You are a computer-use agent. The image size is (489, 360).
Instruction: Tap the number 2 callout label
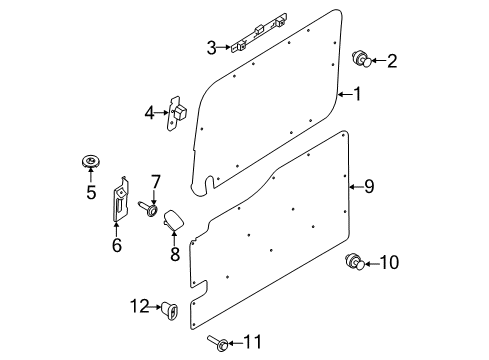(x=392, y=62)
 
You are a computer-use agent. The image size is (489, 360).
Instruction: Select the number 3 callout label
(x=212, y=47)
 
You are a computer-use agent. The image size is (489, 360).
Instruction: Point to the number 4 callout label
(x=149, y=113)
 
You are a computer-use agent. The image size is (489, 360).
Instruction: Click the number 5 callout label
(x=90, y=191)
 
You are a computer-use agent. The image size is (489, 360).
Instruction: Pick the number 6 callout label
(x=116, y=245)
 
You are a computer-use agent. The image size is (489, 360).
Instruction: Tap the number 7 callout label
(x=155, y=181)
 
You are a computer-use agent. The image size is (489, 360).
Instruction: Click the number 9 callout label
(x=368, y=185)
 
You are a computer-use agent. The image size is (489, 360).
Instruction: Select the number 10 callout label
(x=390, y=263)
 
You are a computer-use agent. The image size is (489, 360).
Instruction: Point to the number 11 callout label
(x=252, y=343)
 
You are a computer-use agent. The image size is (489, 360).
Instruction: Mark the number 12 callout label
(x=137, y=305)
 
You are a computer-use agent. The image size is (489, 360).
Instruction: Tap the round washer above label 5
(x=90, y=161)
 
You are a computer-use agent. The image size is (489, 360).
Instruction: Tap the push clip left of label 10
(x=353, y=263)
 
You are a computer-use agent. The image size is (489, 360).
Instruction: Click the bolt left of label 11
(x=215, y=343)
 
